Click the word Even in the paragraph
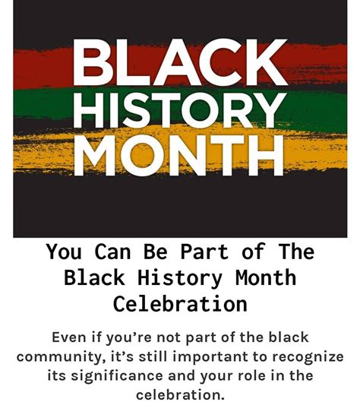(68, 337)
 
